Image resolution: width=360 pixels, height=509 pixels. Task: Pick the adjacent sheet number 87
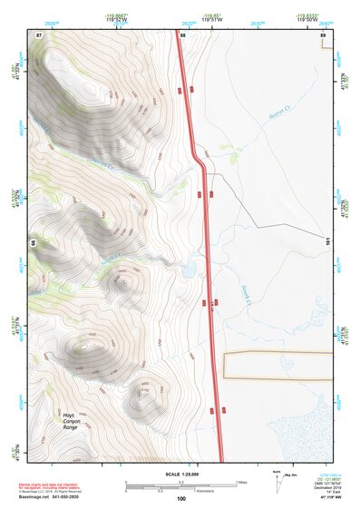pyautogui.click(x=39, y=34)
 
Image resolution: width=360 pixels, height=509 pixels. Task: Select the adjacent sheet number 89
pyautogui.click(x=324, y=34)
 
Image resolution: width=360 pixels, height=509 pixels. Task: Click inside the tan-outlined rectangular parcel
pyautogui.click(x=281, y=365)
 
